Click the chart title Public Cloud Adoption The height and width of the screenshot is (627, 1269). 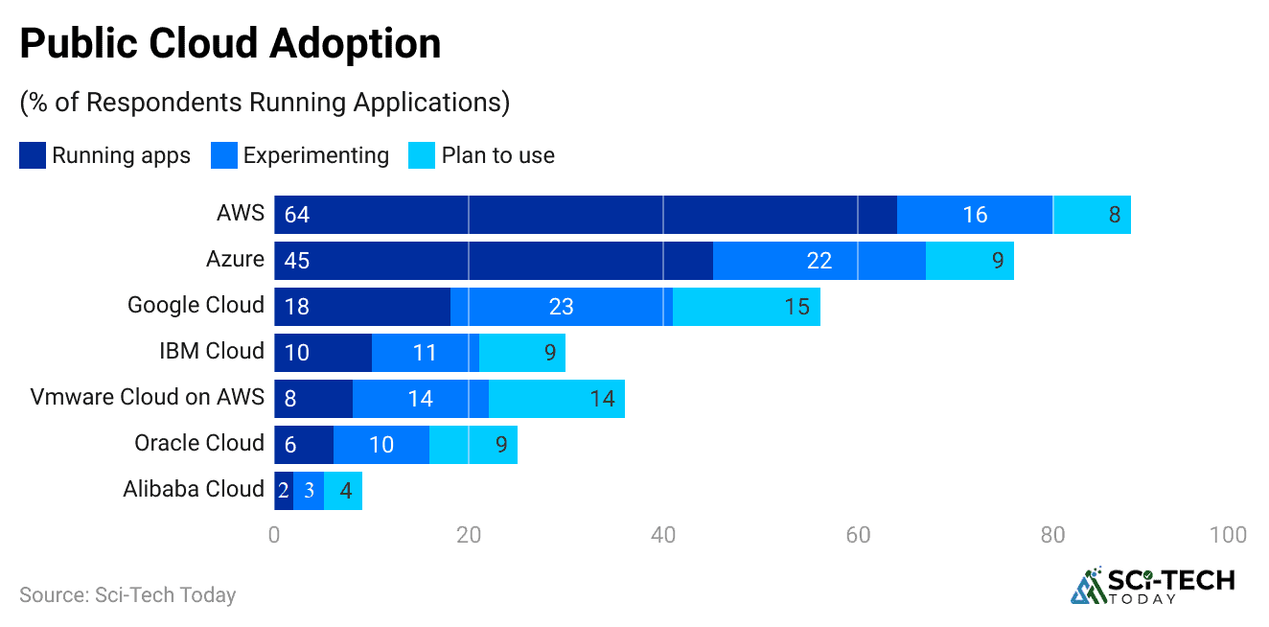tap(230, 44)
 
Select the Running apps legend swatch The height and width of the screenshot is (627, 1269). tap(33, 155)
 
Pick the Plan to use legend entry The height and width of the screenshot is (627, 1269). tap(481, 155)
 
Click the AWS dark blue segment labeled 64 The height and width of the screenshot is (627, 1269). tap(585, 215)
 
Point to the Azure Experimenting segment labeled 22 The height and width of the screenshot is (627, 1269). tap(819, 261)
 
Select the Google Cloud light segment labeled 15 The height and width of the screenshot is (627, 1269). tap(747, 307)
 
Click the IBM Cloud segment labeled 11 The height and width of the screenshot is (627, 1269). tap(425, 353)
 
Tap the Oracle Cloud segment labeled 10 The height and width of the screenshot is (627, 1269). tap(381, 445)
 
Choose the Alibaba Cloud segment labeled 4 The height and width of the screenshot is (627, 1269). tap(343, 491)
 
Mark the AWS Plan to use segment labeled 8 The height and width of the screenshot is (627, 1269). tap(1093, 215)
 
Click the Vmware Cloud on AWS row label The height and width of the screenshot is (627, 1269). tap(147, 397)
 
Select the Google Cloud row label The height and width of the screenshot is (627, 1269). tap(196, 305)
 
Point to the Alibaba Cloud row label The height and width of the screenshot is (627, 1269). tap(193, 489)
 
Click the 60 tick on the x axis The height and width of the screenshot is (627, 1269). tap(858, 535)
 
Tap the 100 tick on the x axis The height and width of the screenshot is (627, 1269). tap(1228, 535)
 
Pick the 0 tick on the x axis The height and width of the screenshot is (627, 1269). tap(274, 535)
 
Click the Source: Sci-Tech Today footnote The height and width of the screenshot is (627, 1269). tap(127, 594)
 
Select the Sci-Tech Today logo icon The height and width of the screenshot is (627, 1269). tap(1087, 586)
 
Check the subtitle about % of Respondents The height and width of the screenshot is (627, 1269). tap(265, 103)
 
